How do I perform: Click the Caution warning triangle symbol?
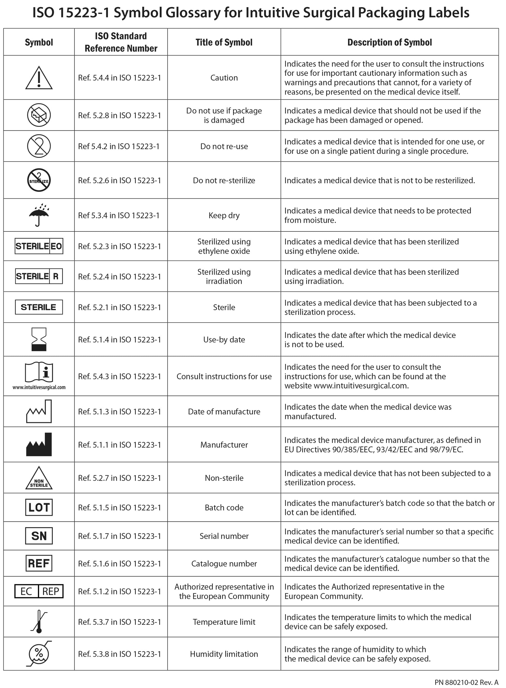(x=39, y=78)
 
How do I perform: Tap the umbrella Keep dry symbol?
(x=39, y=215)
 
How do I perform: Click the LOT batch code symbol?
(x=39, y=507)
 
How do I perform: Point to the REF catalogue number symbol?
(x=39, y=563)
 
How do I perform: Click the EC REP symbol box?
(x=39, y=591)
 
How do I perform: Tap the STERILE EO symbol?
(x=39, y=246)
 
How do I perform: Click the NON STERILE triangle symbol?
(x=39, y=479)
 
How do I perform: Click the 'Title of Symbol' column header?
(x=224, y=42)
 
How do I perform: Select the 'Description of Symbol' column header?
(x=389, y=42)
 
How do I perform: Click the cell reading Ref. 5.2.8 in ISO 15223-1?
(x=119, y=115)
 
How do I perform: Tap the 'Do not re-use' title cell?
(x=224, y=146)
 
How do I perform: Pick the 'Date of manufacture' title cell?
(x=224, y=411)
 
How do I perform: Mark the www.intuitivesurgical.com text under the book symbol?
(x=39, y=387)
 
